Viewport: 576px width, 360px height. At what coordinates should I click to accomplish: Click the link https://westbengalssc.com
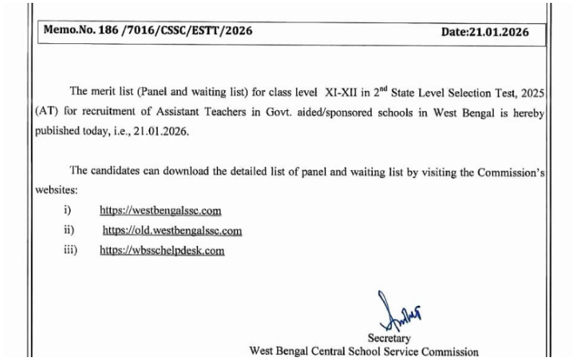[161, 211]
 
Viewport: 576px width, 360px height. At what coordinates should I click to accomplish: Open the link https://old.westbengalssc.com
[172, 231]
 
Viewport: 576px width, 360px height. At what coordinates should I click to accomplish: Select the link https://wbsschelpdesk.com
[162, 251]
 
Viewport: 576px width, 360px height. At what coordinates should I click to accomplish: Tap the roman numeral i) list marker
[68, 211]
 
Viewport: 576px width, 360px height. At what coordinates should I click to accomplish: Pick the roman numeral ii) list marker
[69, 231]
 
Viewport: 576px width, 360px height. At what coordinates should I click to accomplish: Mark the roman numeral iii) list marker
[71, 251]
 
